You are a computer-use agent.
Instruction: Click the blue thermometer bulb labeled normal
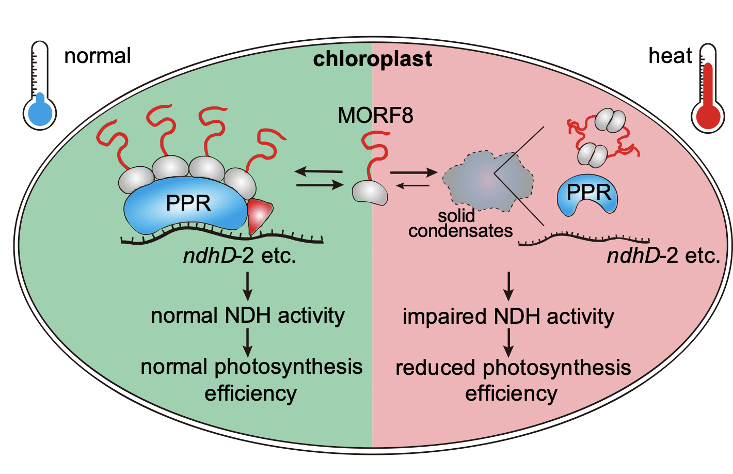click(40, 113)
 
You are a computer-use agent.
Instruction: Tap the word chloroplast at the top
click(372, 59)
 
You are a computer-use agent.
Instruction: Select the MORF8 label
click(375, 115)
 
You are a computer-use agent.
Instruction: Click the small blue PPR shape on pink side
click(588, 196)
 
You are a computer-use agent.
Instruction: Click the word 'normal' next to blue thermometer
click(98, 56)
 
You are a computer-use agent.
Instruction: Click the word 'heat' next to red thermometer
click(670, 56)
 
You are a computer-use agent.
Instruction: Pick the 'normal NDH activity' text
click(248, 315)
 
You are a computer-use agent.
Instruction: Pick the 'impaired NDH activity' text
click(508, 317)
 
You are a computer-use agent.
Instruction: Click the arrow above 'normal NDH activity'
click(248, 286)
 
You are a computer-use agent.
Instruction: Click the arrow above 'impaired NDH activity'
click(509, 286)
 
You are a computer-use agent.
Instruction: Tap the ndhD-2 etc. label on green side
click(240, 256)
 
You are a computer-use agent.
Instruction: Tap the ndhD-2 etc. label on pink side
click(663, 256)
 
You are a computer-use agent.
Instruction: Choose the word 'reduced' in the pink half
click(435, 368)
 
